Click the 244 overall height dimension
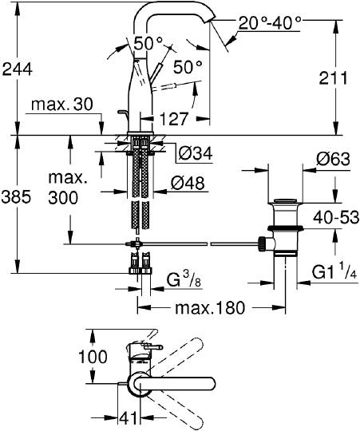(18, 69)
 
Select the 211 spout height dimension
(333, 78)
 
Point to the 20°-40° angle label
(270, 22)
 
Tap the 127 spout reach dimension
(174, 119)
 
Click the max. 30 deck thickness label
(62, 105)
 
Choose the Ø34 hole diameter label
(196, 152)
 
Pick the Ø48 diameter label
(188, 183)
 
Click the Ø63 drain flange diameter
(333, 159)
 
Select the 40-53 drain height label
(336, 217)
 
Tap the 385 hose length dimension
(16, 197)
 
